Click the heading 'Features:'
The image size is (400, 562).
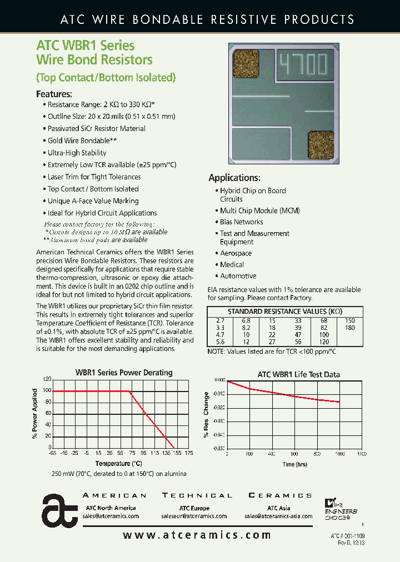[x=54, y=94]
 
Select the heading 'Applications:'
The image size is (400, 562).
[x=234, y=178]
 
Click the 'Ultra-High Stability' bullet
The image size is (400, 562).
[x=77, y=153]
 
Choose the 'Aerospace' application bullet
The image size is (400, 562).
[x=236, y=253]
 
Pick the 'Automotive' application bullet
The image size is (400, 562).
[x=238, y=276]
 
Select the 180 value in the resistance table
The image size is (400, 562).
[x=349, y=328]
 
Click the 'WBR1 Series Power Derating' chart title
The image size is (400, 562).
[x=124, y=373]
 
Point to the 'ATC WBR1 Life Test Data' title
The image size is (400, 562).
[x=298, y=375]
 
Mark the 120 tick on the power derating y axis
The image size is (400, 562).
[x=46, y=379]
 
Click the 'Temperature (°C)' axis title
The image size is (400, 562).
[x=118, y=463]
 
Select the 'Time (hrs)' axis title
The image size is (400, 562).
[x=294, y=464]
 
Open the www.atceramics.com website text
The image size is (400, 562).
[x=197, y=535]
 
